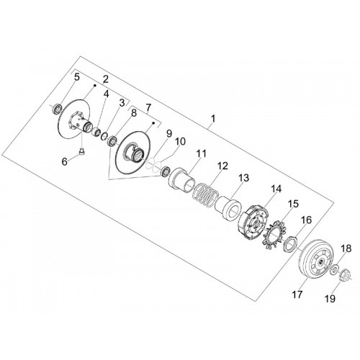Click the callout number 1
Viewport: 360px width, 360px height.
(x=213, y=119)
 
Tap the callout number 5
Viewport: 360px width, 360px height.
(x=76, y=77)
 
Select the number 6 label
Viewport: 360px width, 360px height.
(x=65, y=161)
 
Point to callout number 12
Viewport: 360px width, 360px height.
(x=222, y=166)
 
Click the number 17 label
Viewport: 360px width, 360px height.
(x=297, y=294)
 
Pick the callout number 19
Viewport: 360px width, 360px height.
(x=330, y=299)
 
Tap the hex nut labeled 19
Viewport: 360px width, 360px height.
(x=344, y=274)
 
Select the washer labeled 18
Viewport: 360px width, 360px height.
(x=333, y=269)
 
